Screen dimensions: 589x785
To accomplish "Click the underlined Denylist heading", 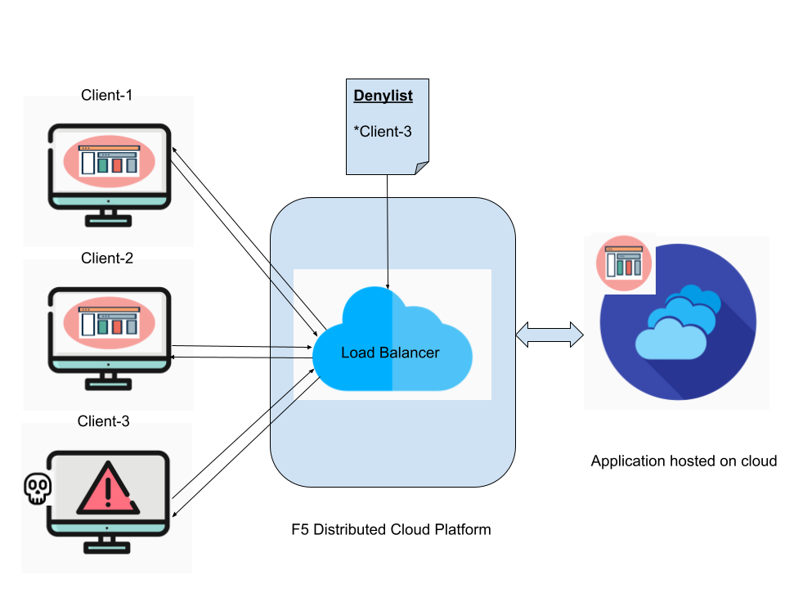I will tap(383, 96).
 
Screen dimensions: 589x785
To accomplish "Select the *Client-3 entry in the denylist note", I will tap(383, 131).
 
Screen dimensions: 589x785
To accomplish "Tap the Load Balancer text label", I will tap(390, 353).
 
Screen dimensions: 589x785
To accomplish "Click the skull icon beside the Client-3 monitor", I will tap(37, 488).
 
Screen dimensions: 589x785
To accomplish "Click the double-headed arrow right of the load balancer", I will tap(549, 335).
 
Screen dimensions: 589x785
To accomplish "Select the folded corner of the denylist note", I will tap(421, 168).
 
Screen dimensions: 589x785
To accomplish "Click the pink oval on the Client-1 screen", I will tap(109, 161).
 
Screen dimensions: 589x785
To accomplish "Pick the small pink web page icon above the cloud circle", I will tap(623, 263).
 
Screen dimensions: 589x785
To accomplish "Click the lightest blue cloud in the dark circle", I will tap(671, 339).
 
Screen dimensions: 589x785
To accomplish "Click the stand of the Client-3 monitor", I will tap(109, 544).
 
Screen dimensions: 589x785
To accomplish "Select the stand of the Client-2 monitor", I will tap(109, 380).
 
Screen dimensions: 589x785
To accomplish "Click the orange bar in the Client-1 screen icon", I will tap(117, 165).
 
